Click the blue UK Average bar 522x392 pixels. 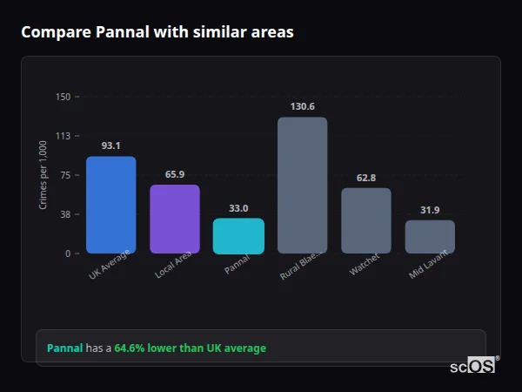(110, 205)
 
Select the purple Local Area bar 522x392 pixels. (175, 219)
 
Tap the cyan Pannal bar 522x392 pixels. (238, 236)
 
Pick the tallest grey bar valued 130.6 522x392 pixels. (302, 185)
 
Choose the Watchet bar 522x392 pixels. (366, 220)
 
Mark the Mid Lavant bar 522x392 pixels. (430, 236)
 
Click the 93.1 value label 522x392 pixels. (110, 145)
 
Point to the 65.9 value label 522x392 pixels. (175, 174)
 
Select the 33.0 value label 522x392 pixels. (238, 208)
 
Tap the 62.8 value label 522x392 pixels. (366, 178)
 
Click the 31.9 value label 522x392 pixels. (430, 210)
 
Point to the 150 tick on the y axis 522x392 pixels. (63, 97)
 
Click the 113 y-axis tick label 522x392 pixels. (63, 136)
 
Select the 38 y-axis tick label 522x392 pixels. (64, 214)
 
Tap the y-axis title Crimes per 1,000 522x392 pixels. (43, 175)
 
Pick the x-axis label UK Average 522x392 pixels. (109, 265)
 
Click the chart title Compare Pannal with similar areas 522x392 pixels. (157, 32)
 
